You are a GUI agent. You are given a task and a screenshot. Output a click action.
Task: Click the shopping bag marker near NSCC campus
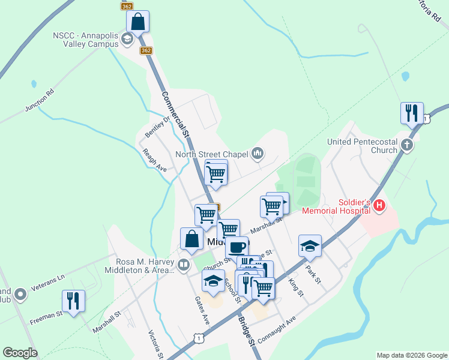[x=138, y=22]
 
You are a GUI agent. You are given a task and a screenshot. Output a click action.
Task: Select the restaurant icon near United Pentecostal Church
[x=412, y=113]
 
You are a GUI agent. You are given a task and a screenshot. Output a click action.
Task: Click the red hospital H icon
[x=379, y=206]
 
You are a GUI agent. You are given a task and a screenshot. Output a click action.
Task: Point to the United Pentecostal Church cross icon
[x=407, y=145]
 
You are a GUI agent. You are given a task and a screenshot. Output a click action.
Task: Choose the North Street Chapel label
[x=211, y=155]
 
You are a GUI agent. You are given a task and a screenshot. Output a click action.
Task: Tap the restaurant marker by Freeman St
[x=73, y=301]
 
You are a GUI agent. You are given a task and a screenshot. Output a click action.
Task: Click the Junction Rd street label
[x=40, y=100]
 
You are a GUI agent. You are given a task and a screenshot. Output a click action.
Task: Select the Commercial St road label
[x=175, y=115]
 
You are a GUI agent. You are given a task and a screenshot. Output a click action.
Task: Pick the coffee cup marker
[x=237, y=247]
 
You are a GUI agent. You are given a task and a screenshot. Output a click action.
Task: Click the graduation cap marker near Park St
[x=310, y=245]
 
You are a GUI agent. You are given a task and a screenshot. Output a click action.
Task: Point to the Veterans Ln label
[x=48, y=280]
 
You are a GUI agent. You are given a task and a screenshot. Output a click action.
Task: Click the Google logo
[x=20, y=353]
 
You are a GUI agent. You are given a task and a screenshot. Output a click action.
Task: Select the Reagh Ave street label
[x=155, y=160]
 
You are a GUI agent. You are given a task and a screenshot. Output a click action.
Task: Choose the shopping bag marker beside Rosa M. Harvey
[x=191, y=239]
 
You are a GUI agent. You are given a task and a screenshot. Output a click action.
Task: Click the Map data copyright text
[x=411, y=355]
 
